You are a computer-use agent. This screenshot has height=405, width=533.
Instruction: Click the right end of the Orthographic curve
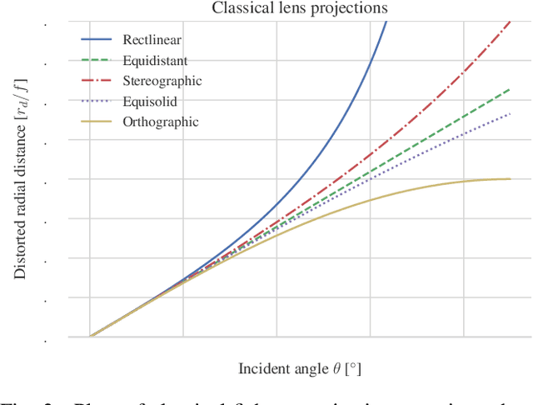click(x=509, y=178)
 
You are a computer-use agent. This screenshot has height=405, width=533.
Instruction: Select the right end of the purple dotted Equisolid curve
click(x=509, y=113)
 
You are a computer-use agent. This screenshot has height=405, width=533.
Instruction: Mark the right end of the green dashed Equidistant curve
click(x=509, y=88)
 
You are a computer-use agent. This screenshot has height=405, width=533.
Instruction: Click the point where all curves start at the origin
click(x=91, y=337)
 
